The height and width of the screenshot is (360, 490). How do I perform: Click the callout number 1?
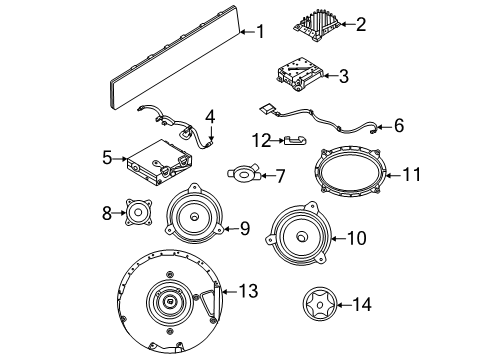pyautogui.click(x=260, y=32)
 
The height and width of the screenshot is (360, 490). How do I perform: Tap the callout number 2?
pyautogui.click(x=361, y=22)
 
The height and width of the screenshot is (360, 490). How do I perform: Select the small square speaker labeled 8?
pyautogui.click(x=136, y=212)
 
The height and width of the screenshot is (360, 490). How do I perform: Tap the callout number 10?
pyautogui.click(x=356, y=238)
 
